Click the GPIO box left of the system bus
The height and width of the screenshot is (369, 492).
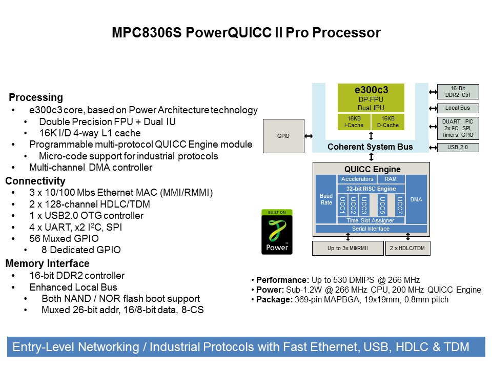pos(283,136)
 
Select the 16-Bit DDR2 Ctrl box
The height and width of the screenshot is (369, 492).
pos(458,92)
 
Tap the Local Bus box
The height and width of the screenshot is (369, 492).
pos(458,108)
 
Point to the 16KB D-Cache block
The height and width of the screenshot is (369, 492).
pos(387,122)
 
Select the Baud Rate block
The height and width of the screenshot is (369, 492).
pos(325,199)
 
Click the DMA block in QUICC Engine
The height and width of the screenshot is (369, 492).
pos(416,199)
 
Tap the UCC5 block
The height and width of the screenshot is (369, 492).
pos(382,206)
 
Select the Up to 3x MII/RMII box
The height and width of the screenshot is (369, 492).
pos(347,248)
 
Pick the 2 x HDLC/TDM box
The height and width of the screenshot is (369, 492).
pos(408,248)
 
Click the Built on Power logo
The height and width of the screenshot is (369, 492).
pos(278,232)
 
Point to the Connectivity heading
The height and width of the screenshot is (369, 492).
pos(35,181)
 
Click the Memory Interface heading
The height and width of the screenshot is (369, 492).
pos(47,263)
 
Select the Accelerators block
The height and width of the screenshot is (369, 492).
pos(357,179)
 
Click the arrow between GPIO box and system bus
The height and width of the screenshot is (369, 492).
pos(308,136)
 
